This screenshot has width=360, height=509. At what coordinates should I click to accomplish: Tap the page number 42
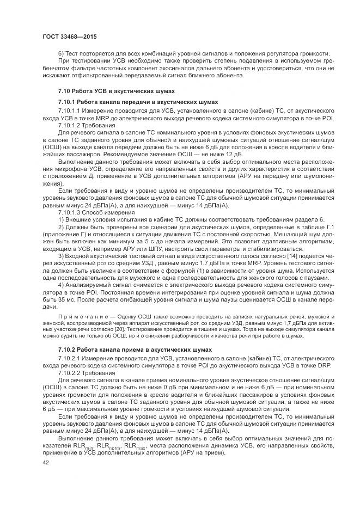(x=45, y=462)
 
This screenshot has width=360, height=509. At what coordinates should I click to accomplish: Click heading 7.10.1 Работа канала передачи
(x=138, y=101)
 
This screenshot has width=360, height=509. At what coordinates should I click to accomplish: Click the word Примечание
(x=77, y=316)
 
